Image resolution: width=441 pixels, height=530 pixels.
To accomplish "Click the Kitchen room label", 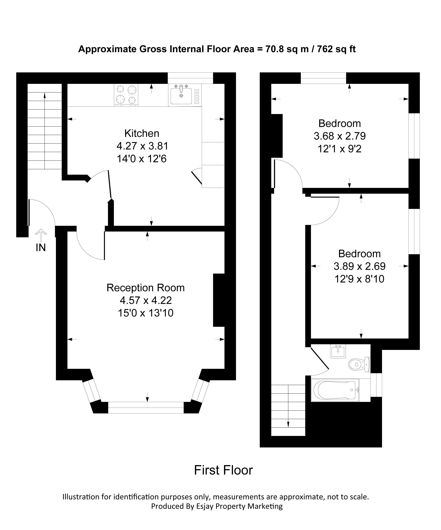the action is click(x=142, y=133).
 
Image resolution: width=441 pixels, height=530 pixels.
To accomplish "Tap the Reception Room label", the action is click(x=146, y=288).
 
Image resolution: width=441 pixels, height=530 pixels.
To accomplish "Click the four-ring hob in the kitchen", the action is click(x=126, y=95).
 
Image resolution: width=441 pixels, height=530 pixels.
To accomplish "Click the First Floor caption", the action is click(x=223, y=470).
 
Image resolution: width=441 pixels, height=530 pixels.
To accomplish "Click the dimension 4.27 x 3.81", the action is click(x=142, y=146).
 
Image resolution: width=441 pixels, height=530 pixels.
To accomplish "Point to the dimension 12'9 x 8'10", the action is click(x=360, y=279).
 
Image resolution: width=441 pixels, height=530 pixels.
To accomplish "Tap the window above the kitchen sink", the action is click(x=190, y=78).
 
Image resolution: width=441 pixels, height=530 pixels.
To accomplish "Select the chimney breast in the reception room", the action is click(x=219, y=300).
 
